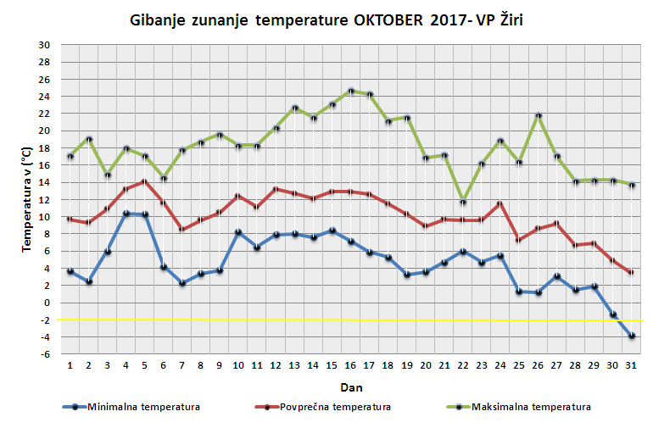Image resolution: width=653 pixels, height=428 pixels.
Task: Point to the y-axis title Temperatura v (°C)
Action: (26, 199)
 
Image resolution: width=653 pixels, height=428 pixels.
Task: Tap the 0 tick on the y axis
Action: (47, 303)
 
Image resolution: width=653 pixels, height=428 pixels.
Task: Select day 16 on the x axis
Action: (351, 365)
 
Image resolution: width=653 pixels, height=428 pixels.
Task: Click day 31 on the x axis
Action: (631, 365)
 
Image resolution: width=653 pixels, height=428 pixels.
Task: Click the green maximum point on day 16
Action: (351, 91)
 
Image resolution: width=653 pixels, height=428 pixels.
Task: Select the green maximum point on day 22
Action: (463, 202)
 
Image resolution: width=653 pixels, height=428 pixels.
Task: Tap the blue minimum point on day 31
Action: (631, 336)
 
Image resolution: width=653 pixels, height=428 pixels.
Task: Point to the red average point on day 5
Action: (146, 181)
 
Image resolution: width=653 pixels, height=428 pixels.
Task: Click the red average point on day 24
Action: (500, 203)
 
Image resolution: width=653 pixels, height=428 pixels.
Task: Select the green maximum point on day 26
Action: (538, 116)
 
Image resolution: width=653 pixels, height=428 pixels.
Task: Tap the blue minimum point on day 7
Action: (183, 283)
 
